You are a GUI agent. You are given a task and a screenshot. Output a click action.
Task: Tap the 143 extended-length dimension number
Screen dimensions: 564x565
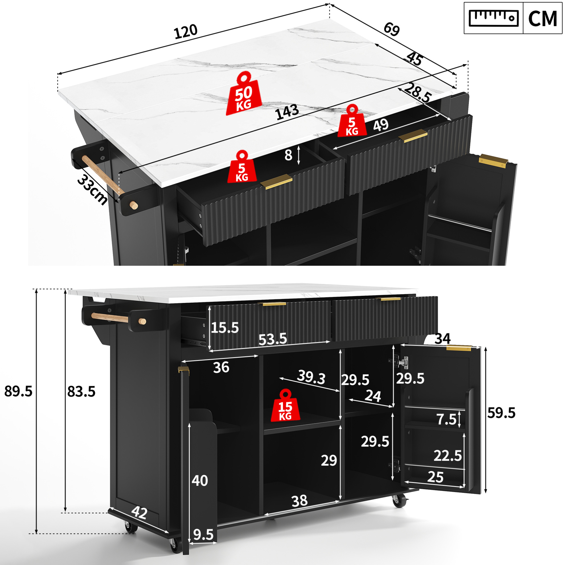287,112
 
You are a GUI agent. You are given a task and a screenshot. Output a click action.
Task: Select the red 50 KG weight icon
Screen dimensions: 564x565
243,93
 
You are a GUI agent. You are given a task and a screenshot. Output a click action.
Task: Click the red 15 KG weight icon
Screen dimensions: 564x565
285,405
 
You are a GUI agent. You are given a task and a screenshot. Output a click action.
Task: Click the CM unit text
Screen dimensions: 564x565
543,19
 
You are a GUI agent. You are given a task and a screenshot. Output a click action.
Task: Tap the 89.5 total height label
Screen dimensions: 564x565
18,391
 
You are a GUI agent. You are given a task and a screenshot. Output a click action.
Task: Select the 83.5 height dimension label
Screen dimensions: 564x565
81,392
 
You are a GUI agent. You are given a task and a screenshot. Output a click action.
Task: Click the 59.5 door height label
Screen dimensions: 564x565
501,413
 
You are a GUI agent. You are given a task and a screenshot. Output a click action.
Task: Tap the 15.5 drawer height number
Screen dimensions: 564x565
225,327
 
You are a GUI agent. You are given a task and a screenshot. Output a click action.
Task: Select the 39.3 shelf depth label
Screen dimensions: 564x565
311,377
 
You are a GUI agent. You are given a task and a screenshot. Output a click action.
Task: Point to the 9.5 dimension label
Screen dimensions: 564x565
203,535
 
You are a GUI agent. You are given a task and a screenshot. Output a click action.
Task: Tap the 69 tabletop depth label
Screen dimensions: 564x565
391,29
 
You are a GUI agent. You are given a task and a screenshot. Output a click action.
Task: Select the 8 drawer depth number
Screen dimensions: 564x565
288,155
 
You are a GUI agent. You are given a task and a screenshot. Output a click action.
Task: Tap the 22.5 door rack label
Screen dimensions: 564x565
447,456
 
